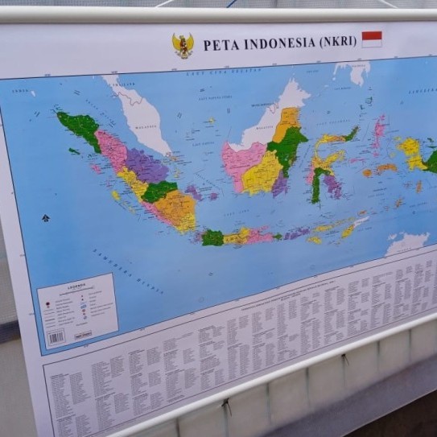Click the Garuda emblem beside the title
[183, 45]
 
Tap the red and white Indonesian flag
[372, 39]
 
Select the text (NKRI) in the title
[338, 40]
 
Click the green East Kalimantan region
[287, 145]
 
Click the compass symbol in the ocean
[45, 218]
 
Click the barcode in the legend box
[56, 337]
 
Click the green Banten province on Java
[212, 237]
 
